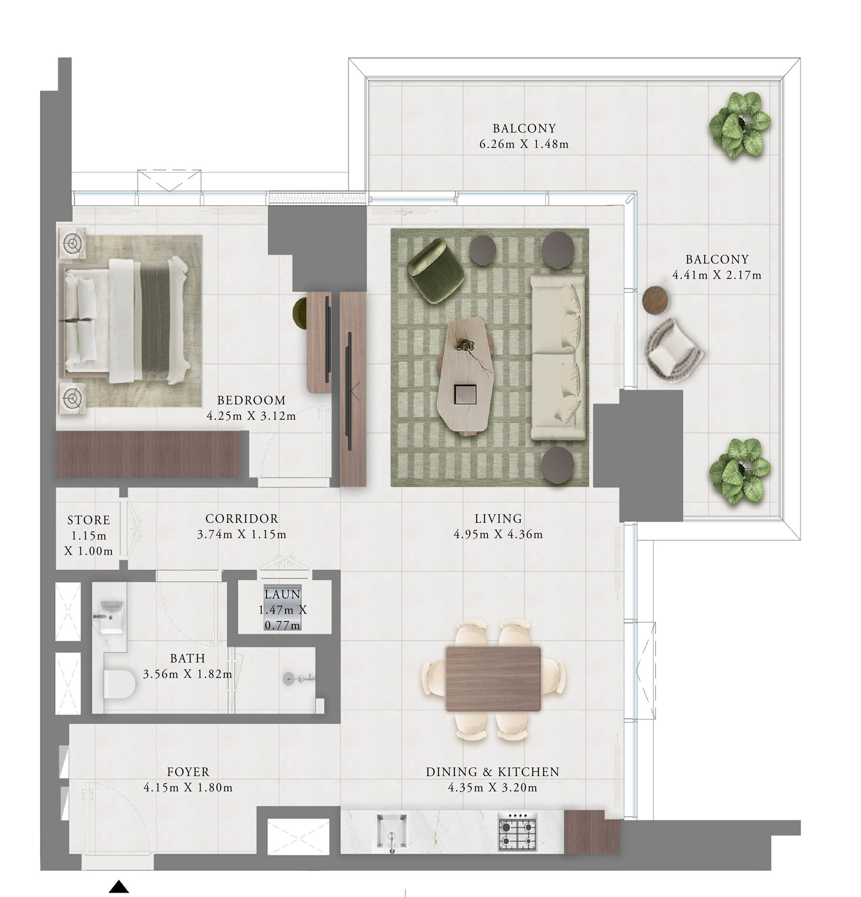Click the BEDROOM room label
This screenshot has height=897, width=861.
(x=251, y=400)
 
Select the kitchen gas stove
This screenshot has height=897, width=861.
(x=517, y=831)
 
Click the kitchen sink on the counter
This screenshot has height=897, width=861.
(x=392, y=831)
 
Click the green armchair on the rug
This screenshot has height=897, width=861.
(x=435, y=271)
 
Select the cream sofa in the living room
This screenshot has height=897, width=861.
(x=558, y=357)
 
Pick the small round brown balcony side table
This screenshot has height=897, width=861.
(x=655, y=300)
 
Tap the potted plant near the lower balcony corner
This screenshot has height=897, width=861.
(x=739, y=471)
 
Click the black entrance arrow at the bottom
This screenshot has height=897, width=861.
(x=119, y=886)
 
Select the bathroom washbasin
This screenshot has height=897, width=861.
(x=110, y=616)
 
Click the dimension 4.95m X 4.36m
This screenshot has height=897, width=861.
(x=498, y=534)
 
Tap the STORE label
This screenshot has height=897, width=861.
(x=89, y=520)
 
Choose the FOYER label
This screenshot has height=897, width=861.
(x=188, y=772)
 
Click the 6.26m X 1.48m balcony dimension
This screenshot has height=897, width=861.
(x=524, y=144)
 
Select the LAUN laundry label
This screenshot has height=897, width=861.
(x=283, y=595)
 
